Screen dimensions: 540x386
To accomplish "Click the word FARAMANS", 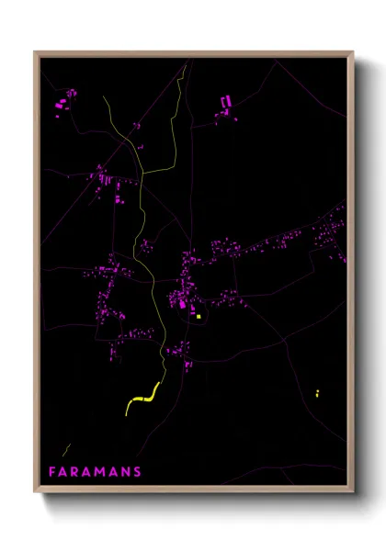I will pos(96,472).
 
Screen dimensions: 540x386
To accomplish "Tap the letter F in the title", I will pos(52,472).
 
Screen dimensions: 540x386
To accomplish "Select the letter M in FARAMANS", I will pos(102,472).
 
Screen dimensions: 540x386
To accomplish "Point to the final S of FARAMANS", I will pos(138,472).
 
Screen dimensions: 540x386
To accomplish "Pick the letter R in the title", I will pos(77,472).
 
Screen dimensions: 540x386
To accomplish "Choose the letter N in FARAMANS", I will pos(126,472).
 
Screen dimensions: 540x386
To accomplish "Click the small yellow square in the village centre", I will pos(198,317).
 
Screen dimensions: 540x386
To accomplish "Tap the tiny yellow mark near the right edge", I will pos(317,393).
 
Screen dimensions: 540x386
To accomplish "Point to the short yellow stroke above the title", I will pos(66,450).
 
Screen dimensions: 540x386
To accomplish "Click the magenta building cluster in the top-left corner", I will pos(66,98).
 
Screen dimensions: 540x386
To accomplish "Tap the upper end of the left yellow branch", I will pos(106,96).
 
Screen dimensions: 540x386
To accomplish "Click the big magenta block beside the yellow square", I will pos(183,302).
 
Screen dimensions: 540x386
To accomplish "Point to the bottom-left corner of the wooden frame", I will pos(36,493).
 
